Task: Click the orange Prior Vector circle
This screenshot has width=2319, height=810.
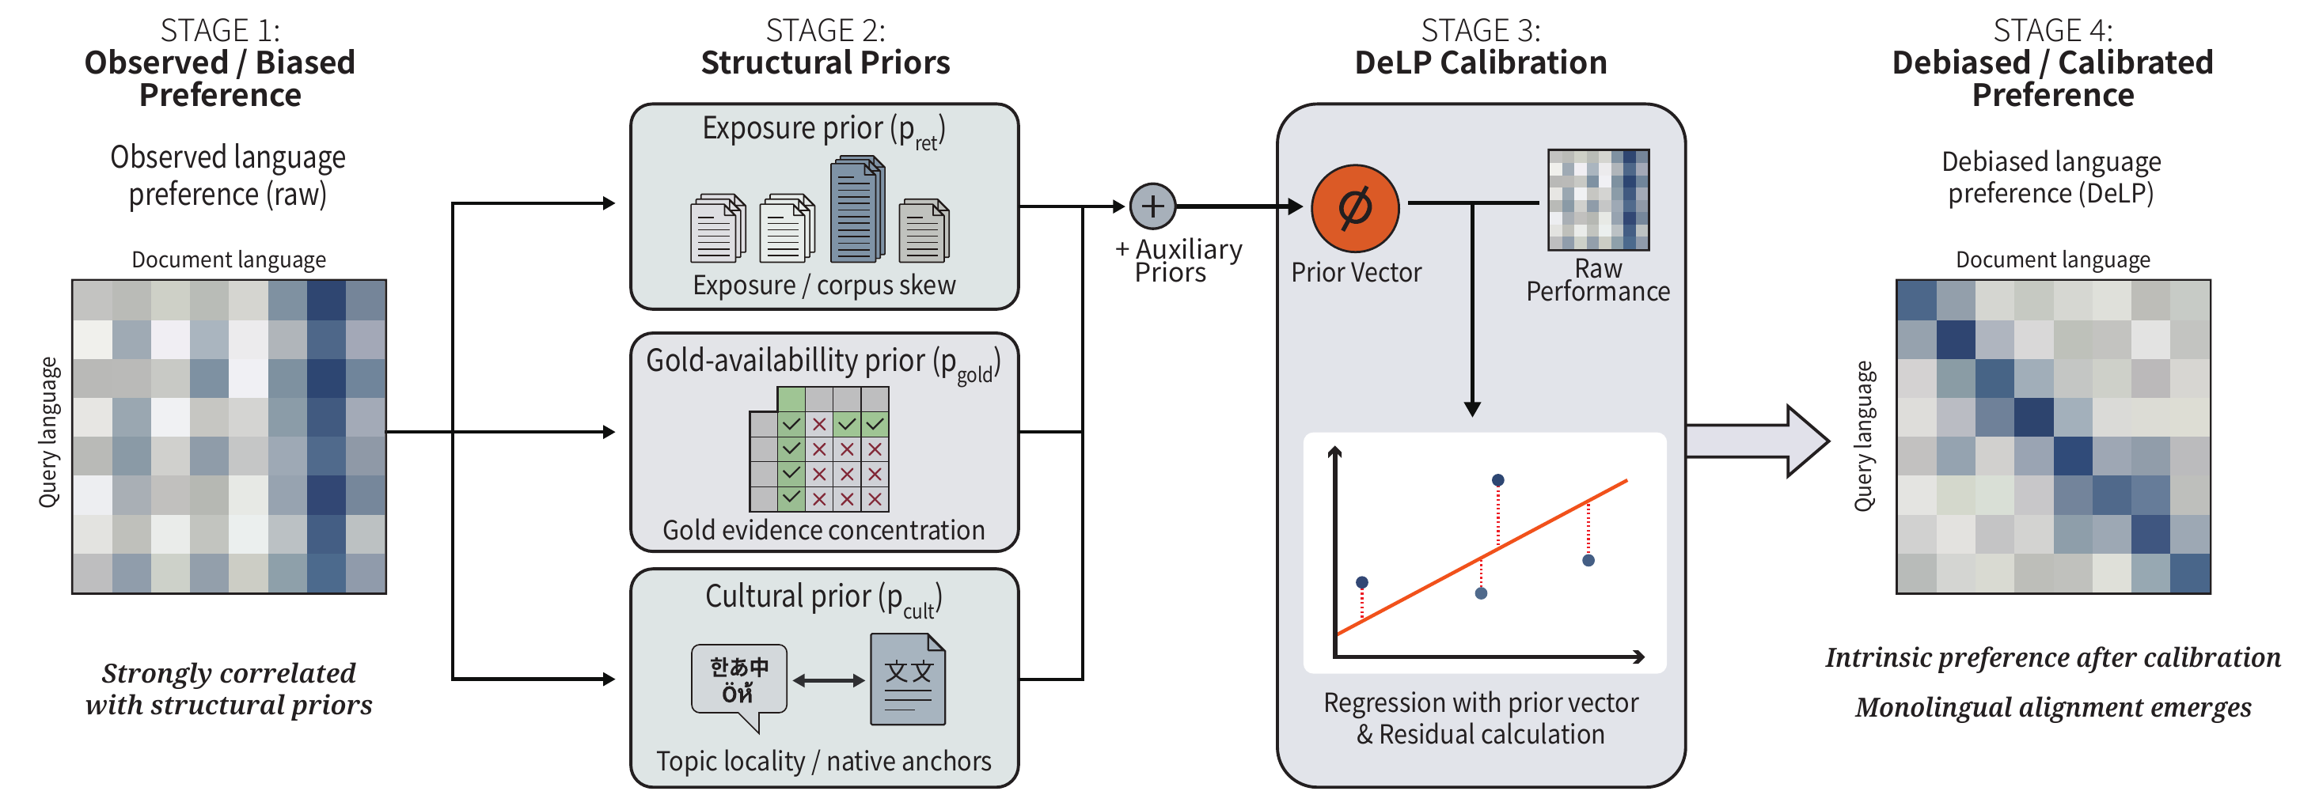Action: tap(1355, 208)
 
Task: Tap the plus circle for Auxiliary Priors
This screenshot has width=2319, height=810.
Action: tap(1152, 206)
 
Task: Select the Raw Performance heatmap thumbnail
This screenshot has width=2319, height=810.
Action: tap(1598, 200)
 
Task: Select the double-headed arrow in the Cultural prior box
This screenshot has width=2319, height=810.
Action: tap(828, 681)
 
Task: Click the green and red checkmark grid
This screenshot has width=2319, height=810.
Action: tap(819, 449)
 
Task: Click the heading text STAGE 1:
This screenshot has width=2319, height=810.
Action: tap(220, 31)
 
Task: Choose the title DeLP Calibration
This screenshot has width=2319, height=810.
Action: tap(1480, 63)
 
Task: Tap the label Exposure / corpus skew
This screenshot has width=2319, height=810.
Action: tap(824, 286)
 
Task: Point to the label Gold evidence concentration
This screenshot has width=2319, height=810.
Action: tap(824, 530)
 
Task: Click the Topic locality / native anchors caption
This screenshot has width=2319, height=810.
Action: tap(824, 762)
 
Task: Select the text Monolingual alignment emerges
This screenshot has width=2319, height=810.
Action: tap(2052, 707)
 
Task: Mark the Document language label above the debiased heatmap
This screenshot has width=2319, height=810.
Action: tap(2052, 260)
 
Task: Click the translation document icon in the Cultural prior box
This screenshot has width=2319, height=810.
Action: tap(908, 680)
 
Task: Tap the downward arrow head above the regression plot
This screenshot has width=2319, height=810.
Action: tap(1473, 409)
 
